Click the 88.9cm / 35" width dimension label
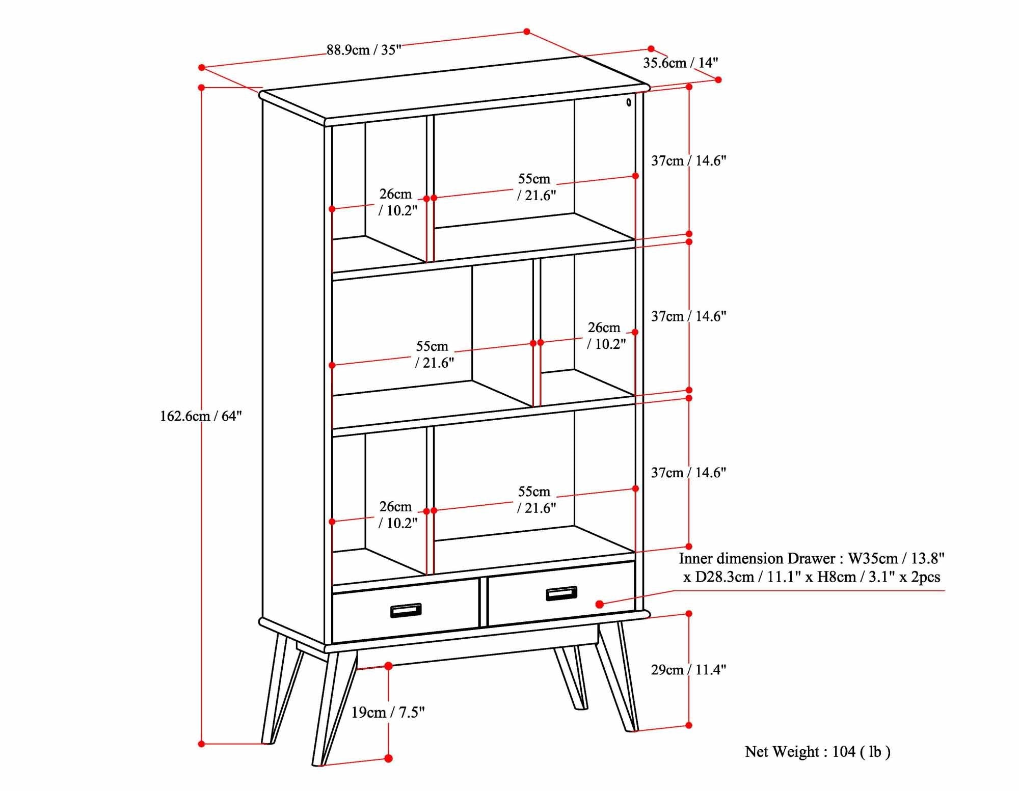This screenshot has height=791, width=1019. click(x=364, y=50)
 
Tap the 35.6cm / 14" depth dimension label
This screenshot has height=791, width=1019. click(x=680, y=63)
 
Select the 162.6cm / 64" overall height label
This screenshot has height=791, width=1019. click(x=201, y=416)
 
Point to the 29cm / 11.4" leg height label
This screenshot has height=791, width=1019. click(x=688, y=670)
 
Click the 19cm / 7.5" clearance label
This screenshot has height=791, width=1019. click(x=388, y=712)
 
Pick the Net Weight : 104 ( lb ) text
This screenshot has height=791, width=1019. click(x=817, y=752)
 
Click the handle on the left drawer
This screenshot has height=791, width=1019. click(x=406, y=610)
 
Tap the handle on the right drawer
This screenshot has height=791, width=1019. click(x=561, y=593)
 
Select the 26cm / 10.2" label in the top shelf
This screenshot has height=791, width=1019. click(x=397, y=202)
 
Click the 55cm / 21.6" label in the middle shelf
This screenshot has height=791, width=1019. click(x=434, y=354)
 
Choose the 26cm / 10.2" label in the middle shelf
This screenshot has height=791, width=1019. click(x=605, y=336)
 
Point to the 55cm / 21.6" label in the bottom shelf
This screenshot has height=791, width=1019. click(x=535, y=500)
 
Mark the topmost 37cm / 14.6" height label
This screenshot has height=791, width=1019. click(x=688, y=161)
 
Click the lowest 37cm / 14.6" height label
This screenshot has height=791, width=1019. click(x=688, y=473)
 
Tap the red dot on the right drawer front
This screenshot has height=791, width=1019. click(x=600, y=604)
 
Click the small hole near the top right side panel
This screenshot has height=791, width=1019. click(x=629, y=102)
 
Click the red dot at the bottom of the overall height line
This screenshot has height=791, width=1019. click(x=201, y=744)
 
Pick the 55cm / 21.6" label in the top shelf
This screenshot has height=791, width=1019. click(x=535, y=187)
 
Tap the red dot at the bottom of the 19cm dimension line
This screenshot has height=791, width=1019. click(x=388, y=758)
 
